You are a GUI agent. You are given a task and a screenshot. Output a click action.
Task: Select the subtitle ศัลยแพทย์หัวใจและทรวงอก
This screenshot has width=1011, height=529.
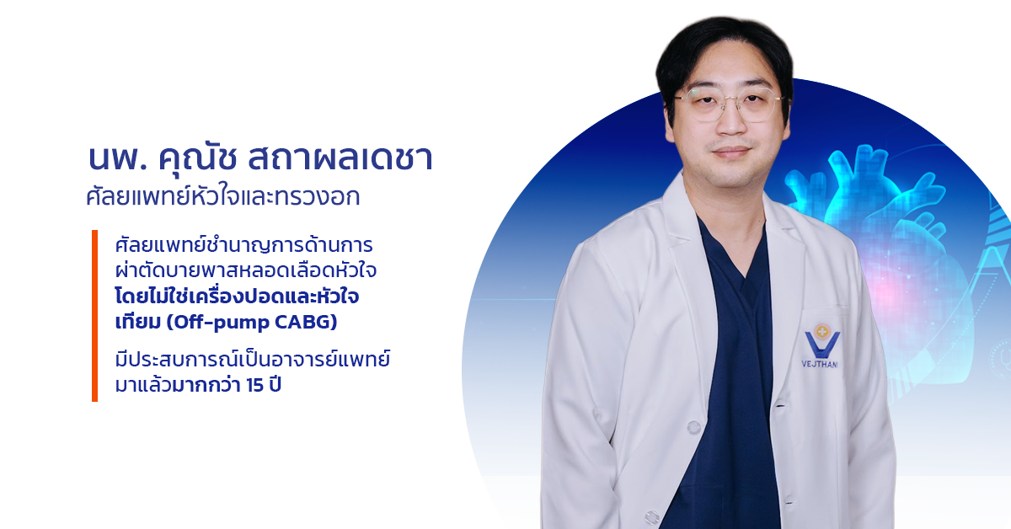pyautogui.click(x=223, y=197)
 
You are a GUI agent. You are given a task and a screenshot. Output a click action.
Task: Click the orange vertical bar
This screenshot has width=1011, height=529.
pyautogui.click(x=94, y=316)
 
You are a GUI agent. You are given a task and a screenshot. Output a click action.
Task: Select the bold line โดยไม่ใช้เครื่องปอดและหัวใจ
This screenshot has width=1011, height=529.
pyautogui.click(x=237, y=297)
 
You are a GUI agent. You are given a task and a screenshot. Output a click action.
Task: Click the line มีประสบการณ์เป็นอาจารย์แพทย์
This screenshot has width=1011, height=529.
pyautogui.click(x=253, y=361)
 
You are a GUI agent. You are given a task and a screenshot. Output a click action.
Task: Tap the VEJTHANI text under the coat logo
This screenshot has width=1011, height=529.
pyautogui.click(x=820, y=364)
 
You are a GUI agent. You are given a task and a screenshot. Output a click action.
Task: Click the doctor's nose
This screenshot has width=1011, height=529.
pyautogui.click(x=730, y=122)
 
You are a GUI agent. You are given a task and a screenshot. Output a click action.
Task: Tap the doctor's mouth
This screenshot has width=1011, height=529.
pyautogui.click(x=731, y=152)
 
